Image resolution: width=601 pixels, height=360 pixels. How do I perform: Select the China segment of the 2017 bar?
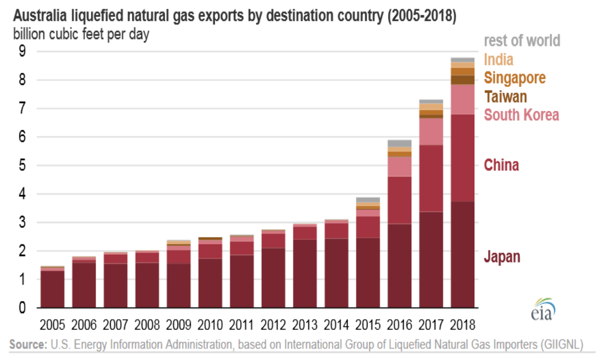pyautogui.click(x=431, y=178)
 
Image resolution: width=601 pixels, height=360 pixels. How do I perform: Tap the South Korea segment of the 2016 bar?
pyautogui.click(x=399, y=166)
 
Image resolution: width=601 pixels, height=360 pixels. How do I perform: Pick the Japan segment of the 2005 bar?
pyautogui.click(x=52, y=289)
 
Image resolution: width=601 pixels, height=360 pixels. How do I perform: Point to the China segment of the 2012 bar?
pyautogui.click(x=273, y=241)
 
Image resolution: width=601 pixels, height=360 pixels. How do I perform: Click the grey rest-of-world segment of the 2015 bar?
pyautogui.click(x=368, y=200)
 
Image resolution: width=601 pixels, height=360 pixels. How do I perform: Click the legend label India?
pyautogui.click(x=498, y=59)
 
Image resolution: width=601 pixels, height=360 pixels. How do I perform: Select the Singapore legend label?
pyautogui.click(x=515, y=78)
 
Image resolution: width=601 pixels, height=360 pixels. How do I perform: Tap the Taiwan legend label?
pyautogui.click(x=505, y=96)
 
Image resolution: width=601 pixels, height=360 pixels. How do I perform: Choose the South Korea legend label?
pyautogui.click(x=521, y=114)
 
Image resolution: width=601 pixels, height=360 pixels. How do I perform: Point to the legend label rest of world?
pyautogui.click(x=522, y=41)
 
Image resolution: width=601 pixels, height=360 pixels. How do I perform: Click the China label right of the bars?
pyautogui.click(x=501, y=165)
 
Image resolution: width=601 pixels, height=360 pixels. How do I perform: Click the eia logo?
pyautogui.click(x=543, y=309)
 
